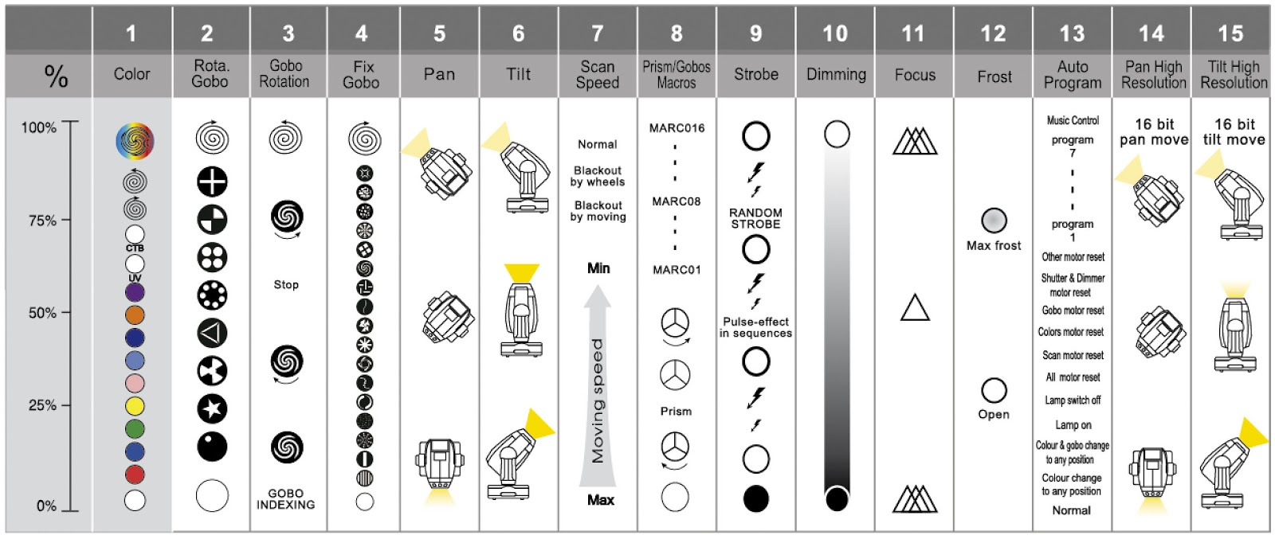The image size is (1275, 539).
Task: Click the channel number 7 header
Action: (x=598, y=33)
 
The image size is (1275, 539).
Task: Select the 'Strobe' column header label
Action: (x=755, y=75)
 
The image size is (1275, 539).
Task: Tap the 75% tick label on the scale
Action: (x=42, y=221)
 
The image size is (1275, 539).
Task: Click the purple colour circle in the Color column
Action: (x=135, y=291)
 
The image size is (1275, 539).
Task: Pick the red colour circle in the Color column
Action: (x=135, y=475)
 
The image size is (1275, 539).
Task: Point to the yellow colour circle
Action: (x=135, y=406)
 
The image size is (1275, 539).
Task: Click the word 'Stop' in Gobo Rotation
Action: (x=286, y=284)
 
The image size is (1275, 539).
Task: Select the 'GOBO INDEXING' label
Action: (x=285, y=499)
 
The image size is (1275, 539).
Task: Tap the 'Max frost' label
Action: (x=994, y=246)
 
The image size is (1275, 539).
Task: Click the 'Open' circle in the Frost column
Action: (x=994, y=390)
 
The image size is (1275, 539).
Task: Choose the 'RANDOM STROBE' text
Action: (x=755, y=219)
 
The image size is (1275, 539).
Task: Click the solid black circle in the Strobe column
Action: (x=755, y=498)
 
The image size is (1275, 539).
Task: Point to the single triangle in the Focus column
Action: (x=915, y=307)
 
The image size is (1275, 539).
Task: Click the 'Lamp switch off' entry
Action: (x=1073, y=400)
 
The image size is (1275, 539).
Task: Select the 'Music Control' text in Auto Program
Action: (x=1073, y=120)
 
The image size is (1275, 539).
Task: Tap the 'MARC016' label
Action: (x=677, y=127)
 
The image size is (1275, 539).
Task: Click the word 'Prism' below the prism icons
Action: (x=676, y=412)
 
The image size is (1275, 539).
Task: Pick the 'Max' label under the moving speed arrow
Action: (x=600, y=500)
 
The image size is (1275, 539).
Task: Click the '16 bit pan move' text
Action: (x=1154, y=132)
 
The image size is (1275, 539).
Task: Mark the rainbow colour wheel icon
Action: (x=135, y=142)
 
